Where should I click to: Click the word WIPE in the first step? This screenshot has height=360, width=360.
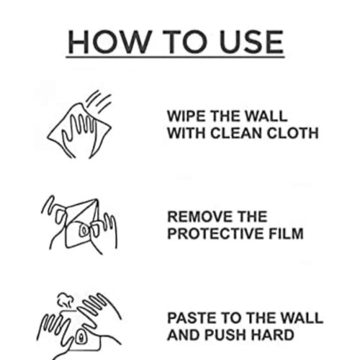[x=186, y=116]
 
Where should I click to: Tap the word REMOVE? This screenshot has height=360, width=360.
[x=200, y=217]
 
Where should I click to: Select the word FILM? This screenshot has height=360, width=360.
[x=286, y=233]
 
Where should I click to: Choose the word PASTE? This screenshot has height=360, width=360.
[x=192, y=318]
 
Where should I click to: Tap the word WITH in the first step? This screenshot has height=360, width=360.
[x=186, y=133]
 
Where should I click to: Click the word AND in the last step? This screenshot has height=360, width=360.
[x=184, y=335]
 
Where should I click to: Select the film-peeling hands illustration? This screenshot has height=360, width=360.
[x=79, y=225]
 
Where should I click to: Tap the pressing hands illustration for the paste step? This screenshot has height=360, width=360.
[x=79, y=326]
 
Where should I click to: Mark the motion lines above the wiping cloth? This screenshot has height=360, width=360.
[x=99, y=102]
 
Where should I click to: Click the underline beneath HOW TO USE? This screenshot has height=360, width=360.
[x=176, y=57]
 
